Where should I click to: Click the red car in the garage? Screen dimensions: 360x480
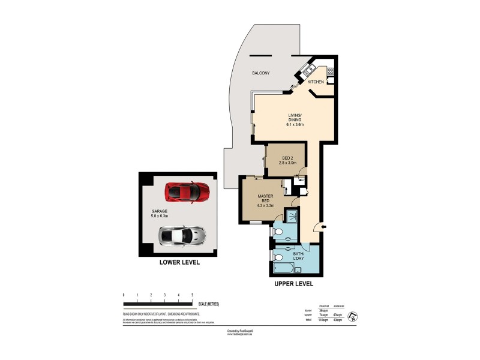(x=187, y=192)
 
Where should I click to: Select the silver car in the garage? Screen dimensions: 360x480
(x=181, y=236)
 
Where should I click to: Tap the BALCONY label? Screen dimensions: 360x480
(x=260, y=73)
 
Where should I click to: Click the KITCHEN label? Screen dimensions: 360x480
(x=316, y=82)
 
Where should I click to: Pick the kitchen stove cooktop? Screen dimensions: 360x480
(x=330, y=71)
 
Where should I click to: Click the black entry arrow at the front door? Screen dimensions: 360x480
(x=324, y=226)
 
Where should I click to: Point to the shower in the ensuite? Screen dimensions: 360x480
(x=293, y=216)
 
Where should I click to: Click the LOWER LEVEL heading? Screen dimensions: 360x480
(x=179, y=262)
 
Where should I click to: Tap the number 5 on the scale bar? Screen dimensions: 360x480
(x=192, y=295)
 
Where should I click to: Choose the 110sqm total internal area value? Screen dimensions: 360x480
(x=323, y=320)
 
